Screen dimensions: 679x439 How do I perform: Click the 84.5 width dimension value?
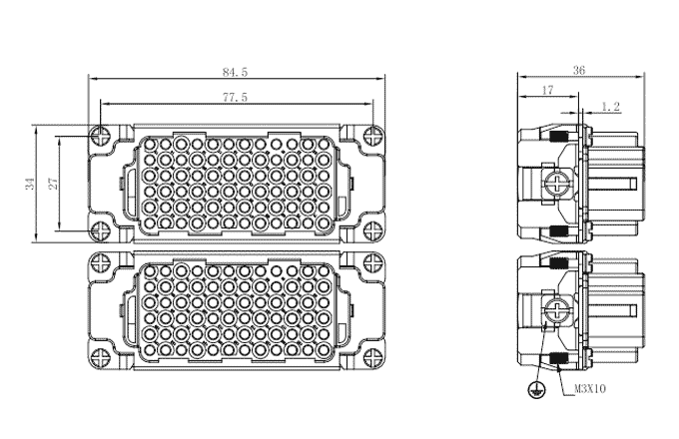(x=235, y=72)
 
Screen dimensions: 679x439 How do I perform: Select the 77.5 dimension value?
(x=235, y=98)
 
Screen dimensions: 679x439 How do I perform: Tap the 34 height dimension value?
(x=30, y=184)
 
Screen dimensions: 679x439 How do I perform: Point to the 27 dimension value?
(x=53, y=184)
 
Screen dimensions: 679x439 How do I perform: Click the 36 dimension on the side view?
(x=579, y=70)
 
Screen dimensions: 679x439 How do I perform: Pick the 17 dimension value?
(x=548, y=90)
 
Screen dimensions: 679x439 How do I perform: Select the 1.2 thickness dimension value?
(x=610, y=107)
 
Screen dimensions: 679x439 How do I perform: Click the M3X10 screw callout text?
(x=590, y=389)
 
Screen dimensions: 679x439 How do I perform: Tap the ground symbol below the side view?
(x=536, y=390)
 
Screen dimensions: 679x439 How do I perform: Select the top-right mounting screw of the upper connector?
(x=372, y=136)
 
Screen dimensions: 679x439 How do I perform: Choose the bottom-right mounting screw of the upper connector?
(x=372, y=230)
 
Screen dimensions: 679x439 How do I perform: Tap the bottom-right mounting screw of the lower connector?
(x=372, y=358)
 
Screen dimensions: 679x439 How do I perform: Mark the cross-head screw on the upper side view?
(x=556, y=183)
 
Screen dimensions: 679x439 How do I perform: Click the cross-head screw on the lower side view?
(x=556, y=310)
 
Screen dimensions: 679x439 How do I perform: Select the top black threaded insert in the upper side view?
(x=558, y=137)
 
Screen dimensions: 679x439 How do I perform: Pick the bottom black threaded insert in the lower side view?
(x=558, y=358)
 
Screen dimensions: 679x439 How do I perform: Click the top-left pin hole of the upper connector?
(x=150, y=143)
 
